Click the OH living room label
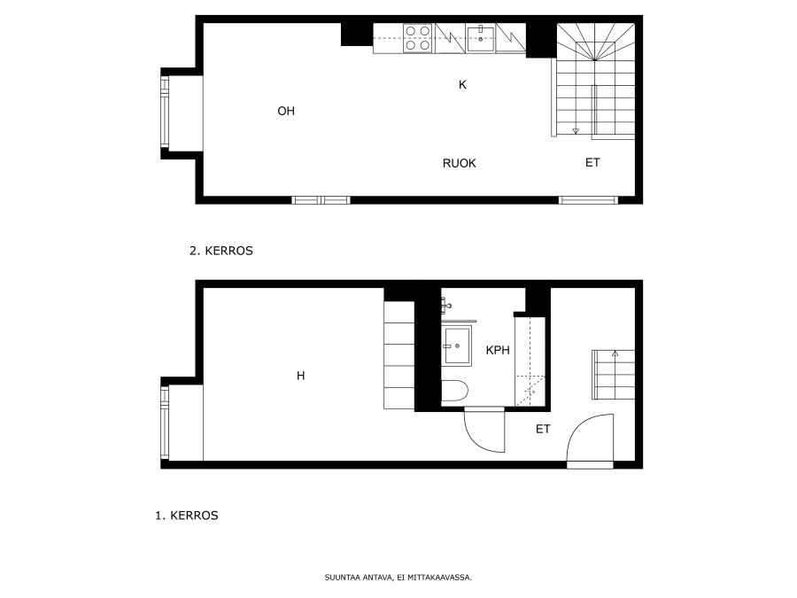[286, 111]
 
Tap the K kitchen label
[462, 85]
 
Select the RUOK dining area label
[459, 163]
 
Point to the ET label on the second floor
[592, 162]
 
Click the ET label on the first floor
[543, 429]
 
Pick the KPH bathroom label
[498, 350]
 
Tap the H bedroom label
[301, 376]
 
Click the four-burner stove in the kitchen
[418, 38]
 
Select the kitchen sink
[480, 39]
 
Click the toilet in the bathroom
[454, 392]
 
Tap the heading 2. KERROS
[221, 251]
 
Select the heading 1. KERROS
[187, 515]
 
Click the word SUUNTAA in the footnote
[342, 578]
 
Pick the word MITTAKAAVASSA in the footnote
[439, 578]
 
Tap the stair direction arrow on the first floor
[615, 353]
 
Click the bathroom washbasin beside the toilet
[457, 346]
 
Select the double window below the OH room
[321, 200]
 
